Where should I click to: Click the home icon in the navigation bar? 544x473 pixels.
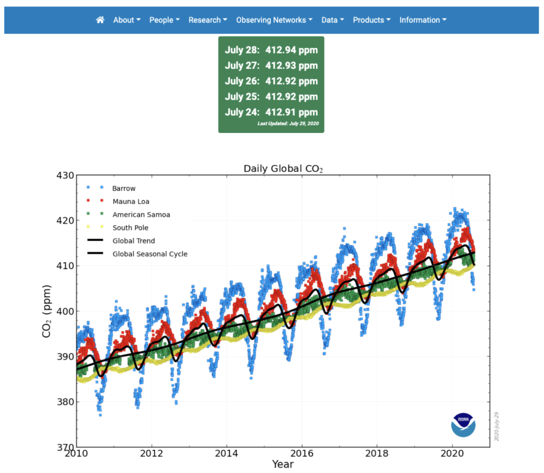[x=100, y=20]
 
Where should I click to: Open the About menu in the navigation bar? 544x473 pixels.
[x=126, y=20]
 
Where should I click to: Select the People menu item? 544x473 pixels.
[x=164, y=20]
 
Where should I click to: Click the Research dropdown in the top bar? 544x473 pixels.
[x=208, y=20]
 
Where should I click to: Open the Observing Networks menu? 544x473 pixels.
[x=274, y=20]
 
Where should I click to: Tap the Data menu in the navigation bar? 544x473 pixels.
[x=333, y=20]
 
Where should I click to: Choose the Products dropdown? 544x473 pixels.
[x=371, y=20]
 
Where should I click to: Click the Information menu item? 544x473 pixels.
[x=423, y=20]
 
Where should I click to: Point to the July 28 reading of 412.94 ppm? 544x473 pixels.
[x=271, y=50]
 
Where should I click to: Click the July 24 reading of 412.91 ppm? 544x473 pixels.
[x=271, y=112]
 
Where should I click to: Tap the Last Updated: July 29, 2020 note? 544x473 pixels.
[x=287, y=124]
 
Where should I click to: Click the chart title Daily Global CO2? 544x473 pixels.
[x=283, y=169]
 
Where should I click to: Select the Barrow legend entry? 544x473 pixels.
[x=123, y=188]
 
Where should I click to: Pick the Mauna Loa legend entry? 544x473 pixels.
[x=131, y=201]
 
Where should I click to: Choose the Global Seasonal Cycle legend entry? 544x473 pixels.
[x=149, y=254]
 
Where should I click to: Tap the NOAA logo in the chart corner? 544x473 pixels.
[x=463, y=425]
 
